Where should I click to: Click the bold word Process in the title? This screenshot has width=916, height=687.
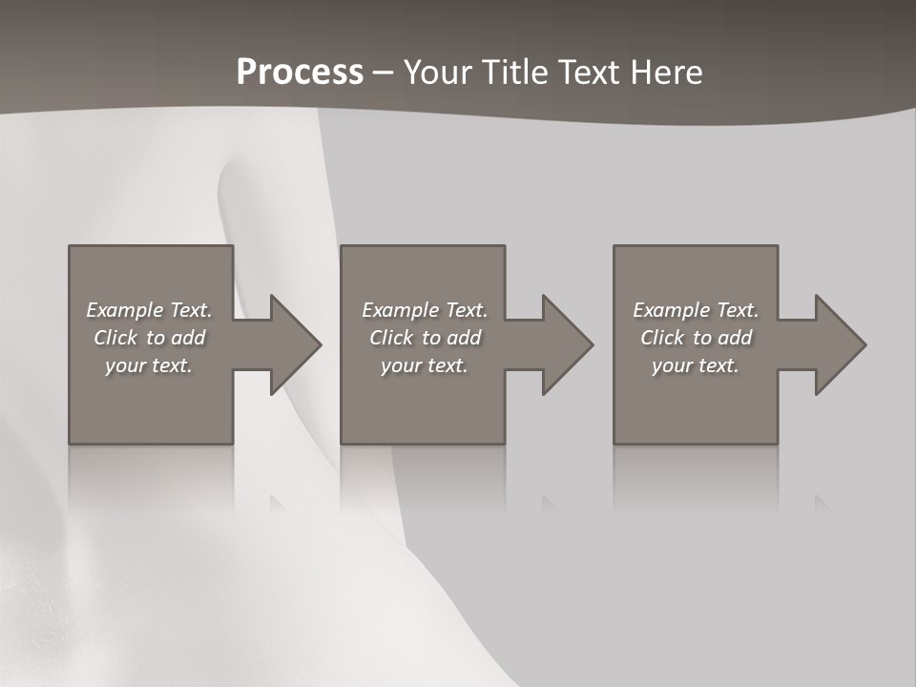[300, 73]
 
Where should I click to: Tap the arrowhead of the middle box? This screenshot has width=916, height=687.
[567, 344]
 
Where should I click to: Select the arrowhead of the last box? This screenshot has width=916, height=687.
[840, 344]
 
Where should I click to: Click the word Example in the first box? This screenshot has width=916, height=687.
[125, 310]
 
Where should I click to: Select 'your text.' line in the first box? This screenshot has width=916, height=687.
[149, 365]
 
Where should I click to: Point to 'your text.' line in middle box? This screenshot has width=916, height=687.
[424, 365]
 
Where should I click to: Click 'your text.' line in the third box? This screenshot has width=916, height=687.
[696, 365]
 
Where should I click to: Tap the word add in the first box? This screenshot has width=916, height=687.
[188, 338]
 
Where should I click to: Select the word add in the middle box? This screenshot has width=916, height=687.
[464, 338]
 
